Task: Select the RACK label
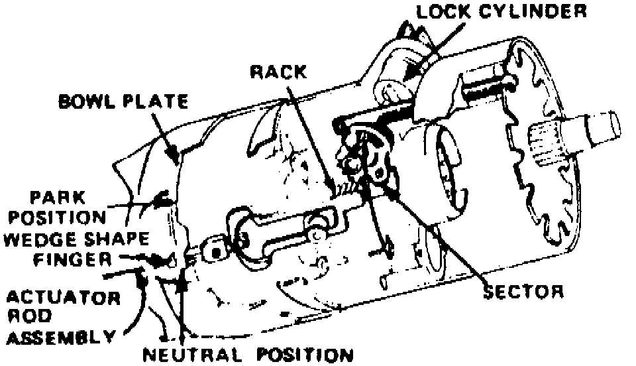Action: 279,72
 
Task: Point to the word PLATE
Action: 154,103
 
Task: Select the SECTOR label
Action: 523,291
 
